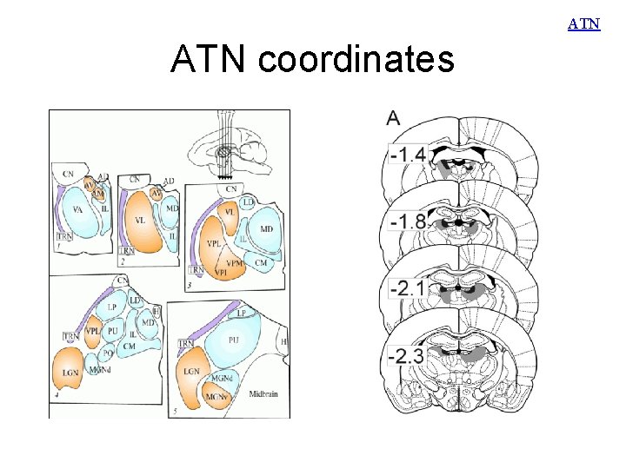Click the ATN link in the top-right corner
[x=584, y=24]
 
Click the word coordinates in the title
[x=356, y=60]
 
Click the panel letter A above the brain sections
[x=394, y=117]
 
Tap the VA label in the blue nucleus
[x=78, y=209]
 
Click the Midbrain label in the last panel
[x=264, y=393]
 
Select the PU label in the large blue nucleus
[x=233, y=341]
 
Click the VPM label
[x=234, y=261]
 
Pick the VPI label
[x=220, y=272]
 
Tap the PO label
[x=108, y=353]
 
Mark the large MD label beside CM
[x=267, y=228]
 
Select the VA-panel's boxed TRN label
[x=63, y=235]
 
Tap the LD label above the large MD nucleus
[x=247, y=201]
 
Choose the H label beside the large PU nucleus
[x=283, y=342]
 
